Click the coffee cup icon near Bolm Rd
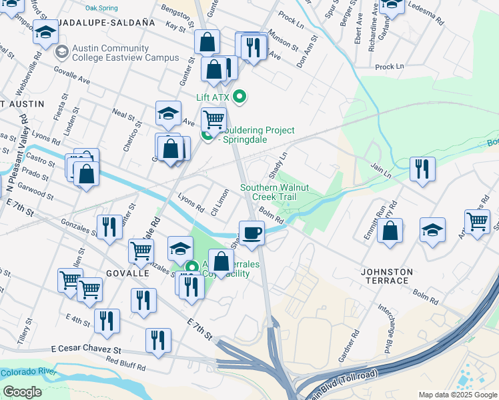coord(252,233)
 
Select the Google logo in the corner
coord(22,391)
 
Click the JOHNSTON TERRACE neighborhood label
coord(387,276)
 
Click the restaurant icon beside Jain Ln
coord(423,169)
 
